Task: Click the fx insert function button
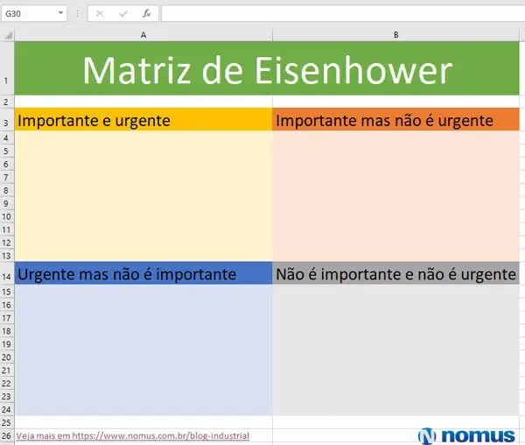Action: [x=146, y=14]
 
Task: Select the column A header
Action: [x=143, y=34]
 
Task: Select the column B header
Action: [x=396, y=34]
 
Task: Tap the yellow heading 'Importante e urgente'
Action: [x=94, y=120]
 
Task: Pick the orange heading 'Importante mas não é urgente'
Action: [x=384, y=120]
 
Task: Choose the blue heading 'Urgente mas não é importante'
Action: [x=127, y=274]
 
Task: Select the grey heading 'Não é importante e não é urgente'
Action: [x=395, y=274]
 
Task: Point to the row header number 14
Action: [x=6, y=276]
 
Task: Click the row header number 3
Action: [x=6, y=123]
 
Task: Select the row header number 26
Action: [x=6, y=435]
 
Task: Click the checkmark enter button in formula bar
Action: [x=122, y=14]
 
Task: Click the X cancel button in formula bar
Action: [x=100, y=14]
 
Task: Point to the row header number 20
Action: [x=6, y=357]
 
